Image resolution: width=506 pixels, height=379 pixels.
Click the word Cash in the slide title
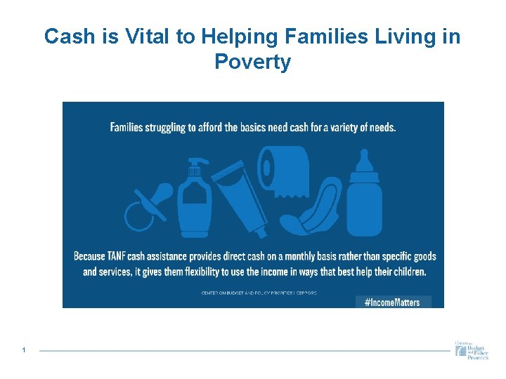click(x=70, y=36)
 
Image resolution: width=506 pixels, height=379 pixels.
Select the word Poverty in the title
click(x=252, y=62)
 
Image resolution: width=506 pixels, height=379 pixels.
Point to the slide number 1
click(x=24, y=350)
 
